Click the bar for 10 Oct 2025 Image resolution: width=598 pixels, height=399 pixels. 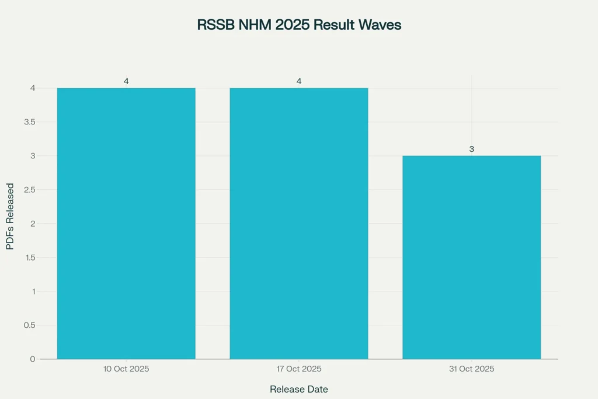coord(126,223)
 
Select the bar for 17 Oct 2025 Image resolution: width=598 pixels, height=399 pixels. coord(299,223)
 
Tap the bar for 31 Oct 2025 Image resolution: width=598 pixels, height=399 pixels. coord(472,257)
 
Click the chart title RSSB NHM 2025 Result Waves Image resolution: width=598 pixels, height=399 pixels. coord(299,25)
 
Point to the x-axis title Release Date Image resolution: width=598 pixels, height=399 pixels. coord(299,388)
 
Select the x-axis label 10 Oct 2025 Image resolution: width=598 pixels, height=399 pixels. coord(126,369)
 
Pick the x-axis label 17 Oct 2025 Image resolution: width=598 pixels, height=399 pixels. coord(299,369)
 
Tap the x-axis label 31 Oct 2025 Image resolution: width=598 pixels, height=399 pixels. coord(472,369)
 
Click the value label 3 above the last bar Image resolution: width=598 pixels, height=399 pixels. coord(472,150)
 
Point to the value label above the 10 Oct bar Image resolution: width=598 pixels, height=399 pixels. coord(126,81)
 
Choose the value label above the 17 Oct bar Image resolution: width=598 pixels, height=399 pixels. coord(299,81)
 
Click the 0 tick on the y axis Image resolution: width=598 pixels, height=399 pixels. coord(33,359)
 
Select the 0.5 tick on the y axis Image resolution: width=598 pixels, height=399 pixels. coord(29,325)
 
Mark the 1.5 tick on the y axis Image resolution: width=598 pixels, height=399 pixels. coord(29,257)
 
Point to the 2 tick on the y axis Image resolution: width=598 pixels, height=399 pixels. coord(33,223)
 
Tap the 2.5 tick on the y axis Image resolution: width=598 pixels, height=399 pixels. coord(29,190)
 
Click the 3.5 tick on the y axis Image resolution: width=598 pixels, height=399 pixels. coord(29,122)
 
